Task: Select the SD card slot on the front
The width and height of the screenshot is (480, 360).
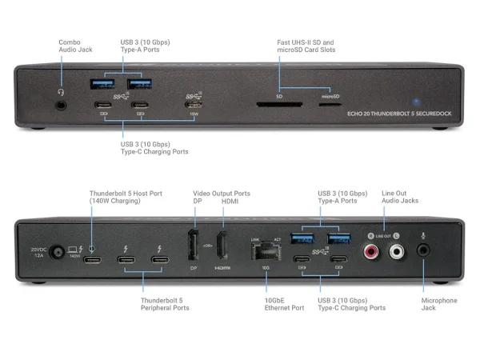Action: (x=279, y=103)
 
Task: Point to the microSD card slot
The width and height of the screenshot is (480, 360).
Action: (x=330, y=103)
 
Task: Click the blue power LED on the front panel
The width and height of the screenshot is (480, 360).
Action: (x=416, y=102)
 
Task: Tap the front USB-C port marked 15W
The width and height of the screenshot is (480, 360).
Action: (x=194, y=105)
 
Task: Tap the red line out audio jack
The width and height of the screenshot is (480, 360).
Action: (x=371, y=252)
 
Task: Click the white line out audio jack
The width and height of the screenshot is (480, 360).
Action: (x=396, y=252)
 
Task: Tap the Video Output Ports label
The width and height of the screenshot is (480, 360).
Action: (x=221, y=193)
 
